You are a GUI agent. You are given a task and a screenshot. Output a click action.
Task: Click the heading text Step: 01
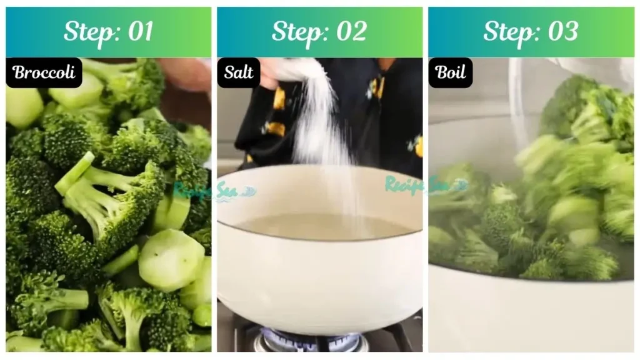pyautogui.click(x=108, y=31)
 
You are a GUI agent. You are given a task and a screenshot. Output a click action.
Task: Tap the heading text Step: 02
pyautogui.click(x=319, y=31)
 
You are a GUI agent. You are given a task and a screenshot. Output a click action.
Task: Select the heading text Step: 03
pyautogui.click(x=531, y=31)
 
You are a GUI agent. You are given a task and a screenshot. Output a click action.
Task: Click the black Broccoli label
pyautogui.click(x=44, y=72)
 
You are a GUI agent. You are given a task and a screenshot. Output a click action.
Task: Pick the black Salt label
pyautogui.click(x=238, y=72)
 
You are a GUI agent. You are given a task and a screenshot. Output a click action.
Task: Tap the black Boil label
pyautogui.click(x=450, y=72)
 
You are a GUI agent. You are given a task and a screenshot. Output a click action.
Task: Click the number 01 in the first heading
pyautogui.click(x=139, y=31)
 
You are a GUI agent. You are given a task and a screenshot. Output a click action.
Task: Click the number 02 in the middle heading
pyautogui.click(x=351, y=31)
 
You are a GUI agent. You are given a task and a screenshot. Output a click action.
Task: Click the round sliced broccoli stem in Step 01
pyautogui.click(x=171, y=260)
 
